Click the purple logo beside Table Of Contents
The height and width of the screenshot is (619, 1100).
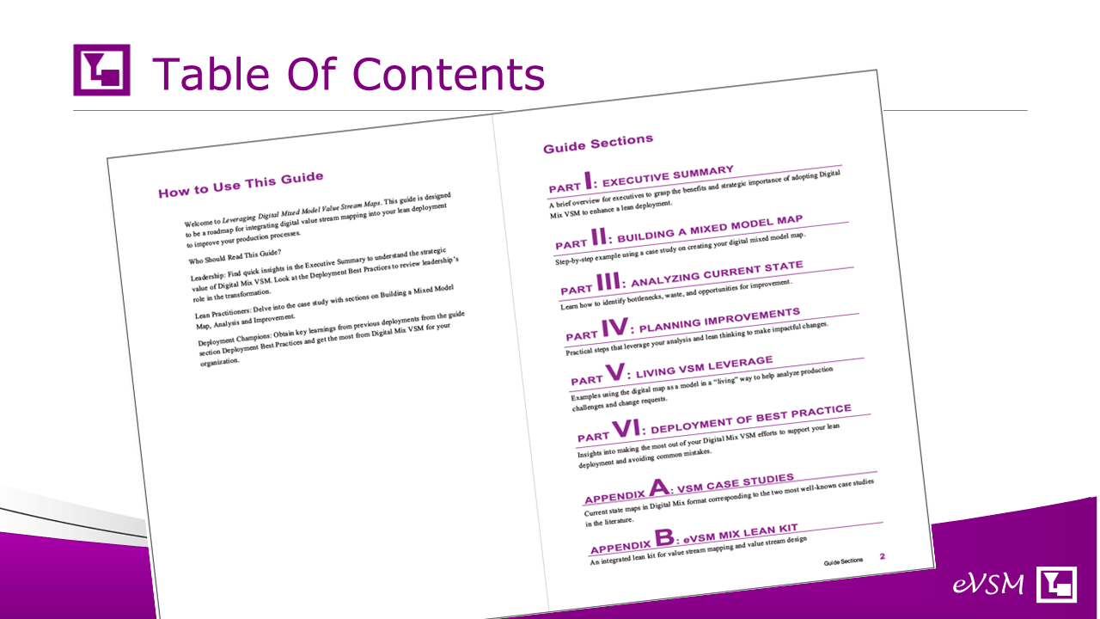pos(101,70)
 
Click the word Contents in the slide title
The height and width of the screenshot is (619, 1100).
pos(449,74)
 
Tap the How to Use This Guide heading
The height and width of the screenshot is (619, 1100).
pos(241,185)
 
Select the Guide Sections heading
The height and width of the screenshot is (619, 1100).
pos(598,144)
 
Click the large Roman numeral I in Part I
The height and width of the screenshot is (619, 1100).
pos(588,181)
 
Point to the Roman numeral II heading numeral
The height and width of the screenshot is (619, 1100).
pos(599,236)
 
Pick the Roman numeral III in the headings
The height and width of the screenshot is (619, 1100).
pos(608,281)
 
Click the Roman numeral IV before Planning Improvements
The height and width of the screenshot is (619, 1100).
pos(614,327)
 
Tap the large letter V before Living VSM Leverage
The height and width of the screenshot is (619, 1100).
pos(615,372)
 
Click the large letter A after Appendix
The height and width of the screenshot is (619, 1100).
pos(658,487)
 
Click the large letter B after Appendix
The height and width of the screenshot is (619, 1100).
pos(664,536)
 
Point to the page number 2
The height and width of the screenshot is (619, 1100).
pos(883,556)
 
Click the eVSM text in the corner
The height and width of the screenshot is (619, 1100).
pos(988,584)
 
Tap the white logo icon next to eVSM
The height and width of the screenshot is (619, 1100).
pos(1056,584)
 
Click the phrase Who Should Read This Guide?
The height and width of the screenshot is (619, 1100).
pos(235,256)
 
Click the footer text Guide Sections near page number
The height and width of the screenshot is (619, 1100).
pos(843,561)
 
